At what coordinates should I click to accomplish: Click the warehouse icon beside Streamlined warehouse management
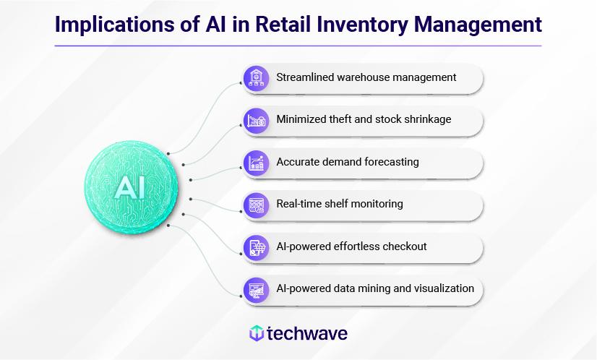tap(257, 79)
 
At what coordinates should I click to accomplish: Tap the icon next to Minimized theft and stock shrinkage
tap(257, 121)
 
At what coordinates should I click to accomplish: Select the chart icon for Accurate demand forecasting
tap(257, 163)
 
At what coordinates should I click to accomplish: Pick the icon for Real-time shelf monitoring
tap(257, 205)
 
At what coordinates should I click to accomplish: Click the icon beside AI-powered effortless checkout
tap(257, 248)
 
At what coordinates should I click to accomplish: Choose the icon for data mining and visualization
tap(257, 291)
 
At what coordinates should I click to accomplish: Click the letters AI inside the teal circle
tap(130, 187)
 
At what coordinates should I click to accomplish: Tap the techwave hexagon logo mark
tap(257, 333)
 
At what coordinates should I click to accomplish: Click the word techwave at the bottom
tap(307, 333)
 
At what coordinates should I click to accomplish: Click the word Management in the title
tap(478, 25)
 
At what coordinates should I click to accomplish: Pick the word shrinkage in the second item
tap(428, 119)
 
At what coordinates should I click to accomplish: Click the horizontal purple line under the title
tap(298, 46)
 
